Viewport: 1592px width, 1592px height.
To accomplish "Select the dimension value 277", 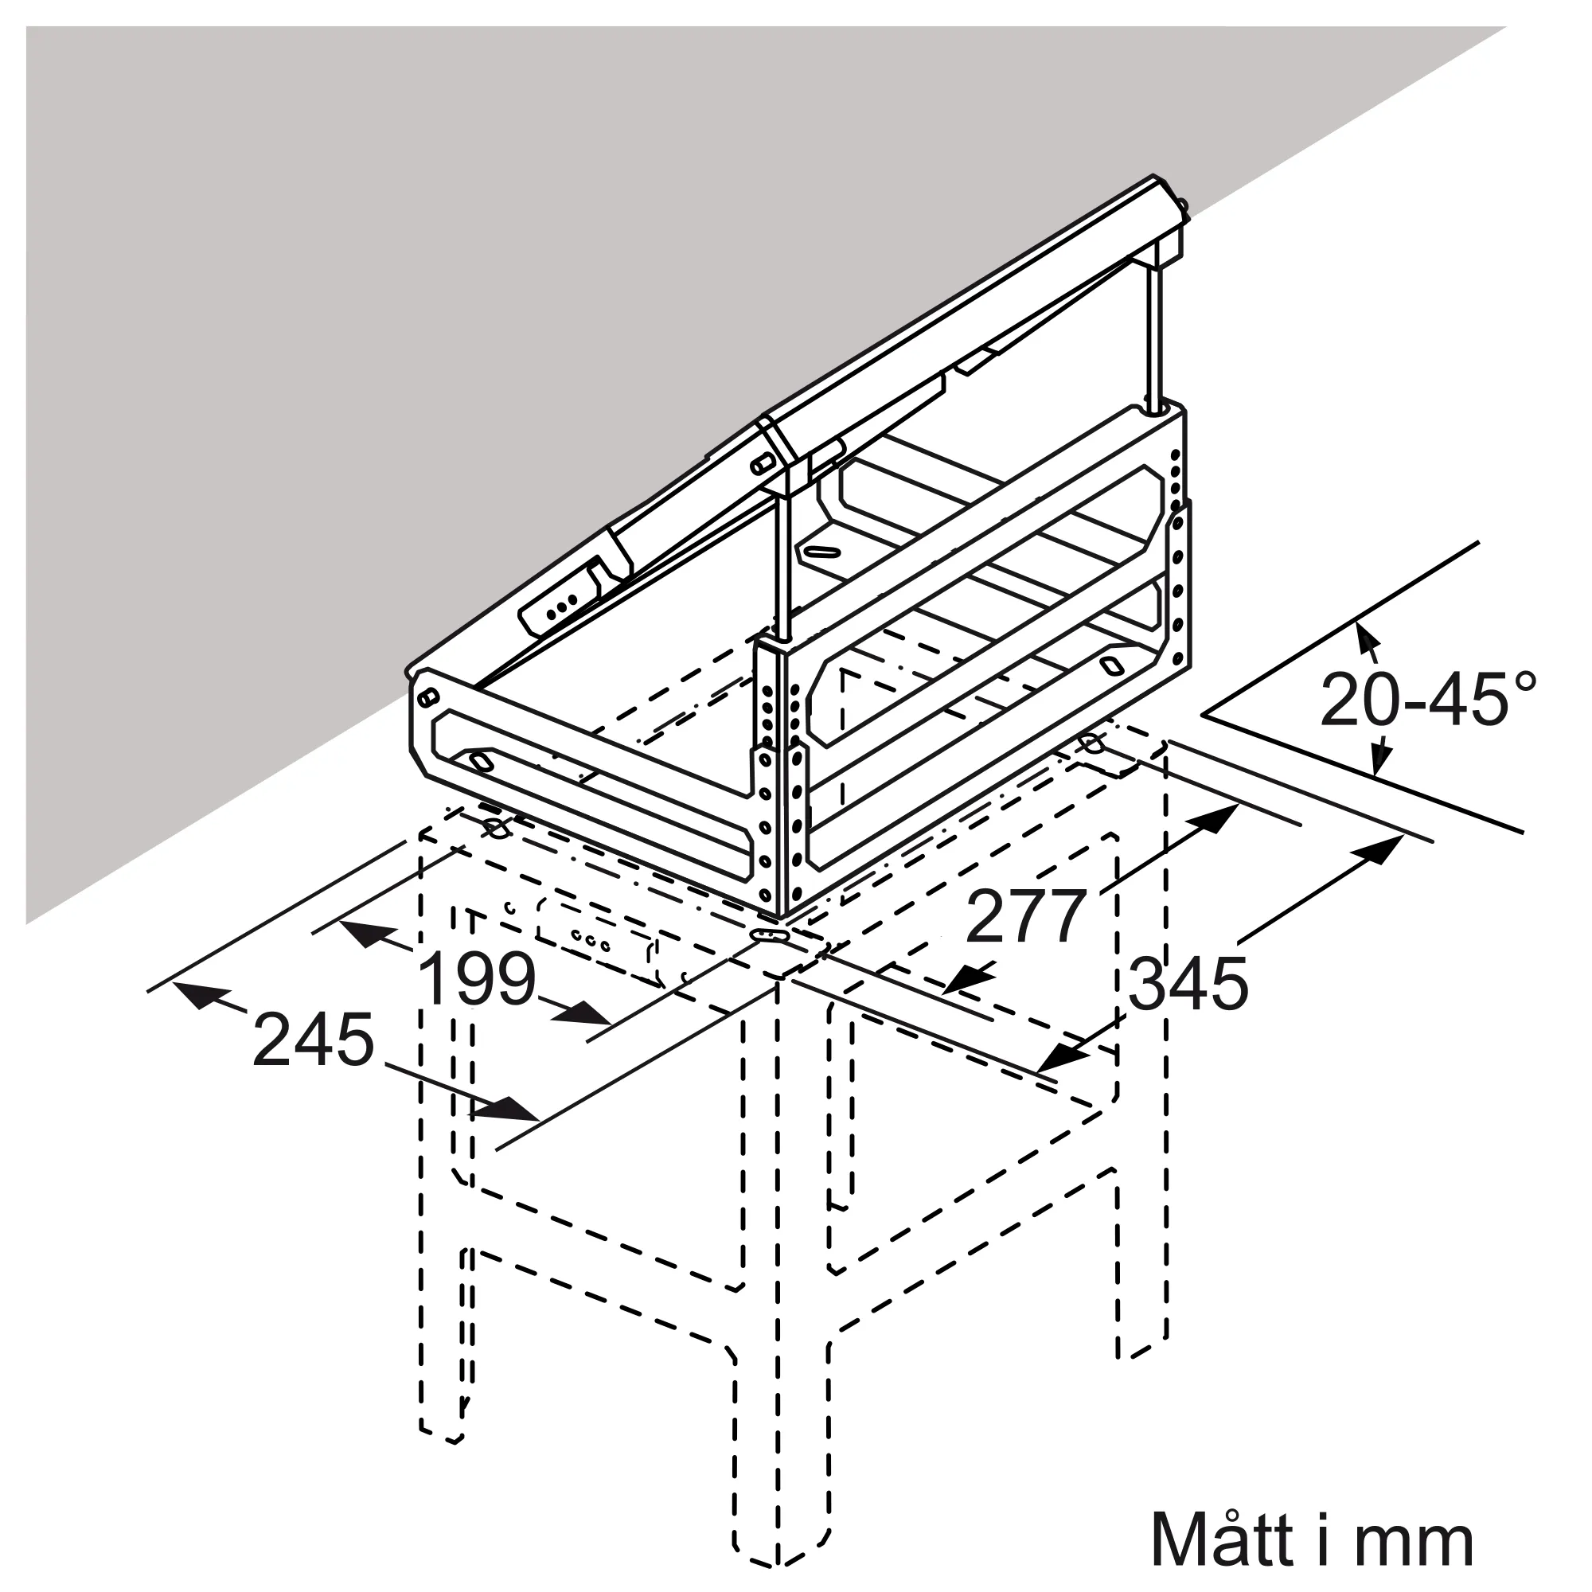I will tap(1025, 916).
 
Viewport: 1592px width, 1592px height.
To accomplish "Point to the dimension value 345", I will tap(1188, 984).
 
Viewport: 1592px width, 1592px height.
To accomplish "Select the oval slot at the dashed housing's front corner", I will tap(769, 935).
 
